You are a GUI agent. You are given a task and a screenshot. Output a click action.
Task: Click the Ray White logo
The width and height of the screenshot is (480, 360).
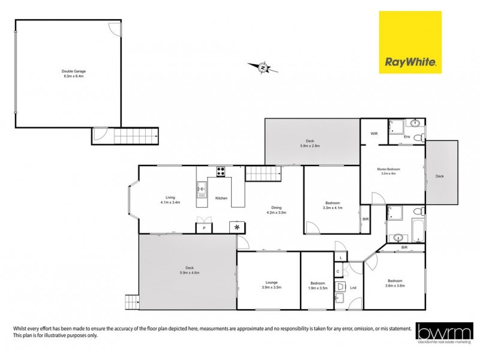[x=410, y=42]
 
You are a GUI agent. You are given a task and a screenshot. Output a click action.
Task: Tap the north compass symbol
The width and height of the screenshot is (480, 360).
[x=263, y=68]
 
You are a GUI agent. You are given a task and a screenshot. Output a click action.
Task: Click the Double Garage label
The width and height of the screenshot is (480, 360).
[x=74, y=73]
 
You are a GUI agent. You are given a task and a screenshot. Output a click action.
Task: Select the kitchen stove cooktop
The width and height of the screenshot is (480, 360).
[x=220, y=172]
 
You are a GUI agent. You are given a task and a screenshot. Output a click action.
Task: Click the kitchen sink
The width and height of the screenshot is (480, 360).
[x=202, y=189]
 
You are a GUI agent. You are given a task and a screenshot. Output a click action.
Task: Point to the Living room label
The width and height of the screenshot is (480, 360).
[x=170, y=200]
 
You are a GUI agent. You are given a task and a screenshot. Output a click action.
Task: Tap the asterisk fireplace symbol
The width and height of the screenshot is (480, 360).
[x=236, y=227]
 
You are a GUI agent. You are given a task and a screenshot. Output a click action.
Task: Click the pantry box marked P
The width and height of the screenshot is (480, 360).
[x=204, y=227]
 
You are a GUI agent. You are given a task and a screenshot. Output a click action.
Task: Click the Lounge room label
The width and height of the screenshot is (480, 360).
[x=268, y=285]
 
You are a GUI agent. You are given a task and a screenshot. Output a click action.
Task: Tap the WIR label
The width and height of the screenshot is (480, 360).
[x=374, y=133]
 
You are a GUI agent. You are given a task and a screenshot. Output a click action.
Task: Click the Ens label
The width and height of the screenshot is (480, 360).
[x=406, y=137]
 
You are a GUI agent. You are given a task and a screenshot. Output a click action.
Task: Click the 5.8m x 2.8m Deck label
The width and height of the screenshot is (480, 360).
[x=310, y=143]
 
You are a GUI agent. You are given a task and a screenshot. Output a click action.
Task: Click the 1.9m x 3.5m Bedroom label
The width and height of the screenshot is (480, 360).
[x=318, y=285]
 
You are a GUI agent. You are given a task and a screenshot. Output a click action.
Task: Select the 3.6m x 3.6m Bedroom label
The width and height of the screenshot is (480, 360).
[x=395, y=283]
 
